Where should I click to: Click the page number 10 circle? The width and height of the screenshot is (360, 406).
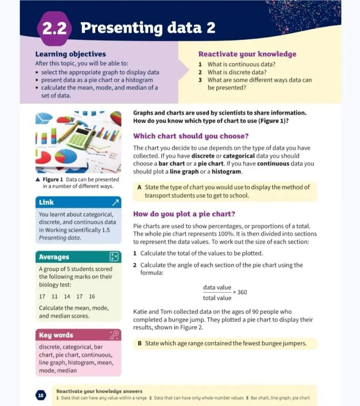[x=41, y=395]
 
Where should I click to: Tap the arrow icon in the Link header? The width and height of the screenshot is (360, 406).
[x=115, y=202]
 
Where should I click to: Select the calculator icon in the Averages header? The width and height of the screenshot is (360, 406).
[x=114, y=257]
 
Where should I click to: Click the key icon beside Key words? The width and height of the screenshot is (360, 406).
[x=114, y=335]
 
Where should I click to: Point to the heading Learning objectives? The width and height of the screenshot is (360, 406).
[x=70, y=54]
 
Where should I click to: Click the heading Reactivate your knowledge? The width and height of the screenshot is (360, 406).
[x=247, y=54]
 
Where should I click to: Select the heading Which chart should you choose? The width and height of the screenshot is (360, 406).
[x=191, y=136]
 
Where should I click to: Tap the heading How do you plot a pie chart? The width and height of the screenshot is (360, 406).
[x=184, y=214]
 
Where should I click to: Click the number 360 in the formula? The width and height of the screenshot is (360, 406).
[x=242, y=292]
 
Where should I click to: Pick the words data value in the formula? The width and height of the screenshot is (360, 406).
[x=217, y=287]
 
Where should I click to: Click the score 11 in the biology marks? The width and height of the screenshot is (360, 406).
[x=55, y=296]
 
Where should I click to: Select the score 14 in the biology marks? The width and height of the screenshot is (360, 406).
[x=67, y=296]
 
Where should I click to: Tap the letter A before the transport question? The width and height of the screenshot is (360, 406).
[x=139, y=187]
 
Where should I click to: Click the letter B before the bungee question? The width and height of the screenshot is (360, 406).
[x=140, y=343]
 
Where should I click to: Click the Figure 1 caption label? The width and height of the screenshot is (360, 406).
[x=53, y=179]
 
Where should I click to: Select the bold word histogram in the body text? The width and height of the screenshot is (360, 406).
[x=226, y=171]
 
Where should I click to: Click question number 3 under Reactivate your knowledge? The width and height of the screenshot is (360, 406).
[x=200, y=80]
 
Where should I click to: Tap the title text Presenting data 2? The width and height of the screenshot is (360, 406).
[x=148, y=28]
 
